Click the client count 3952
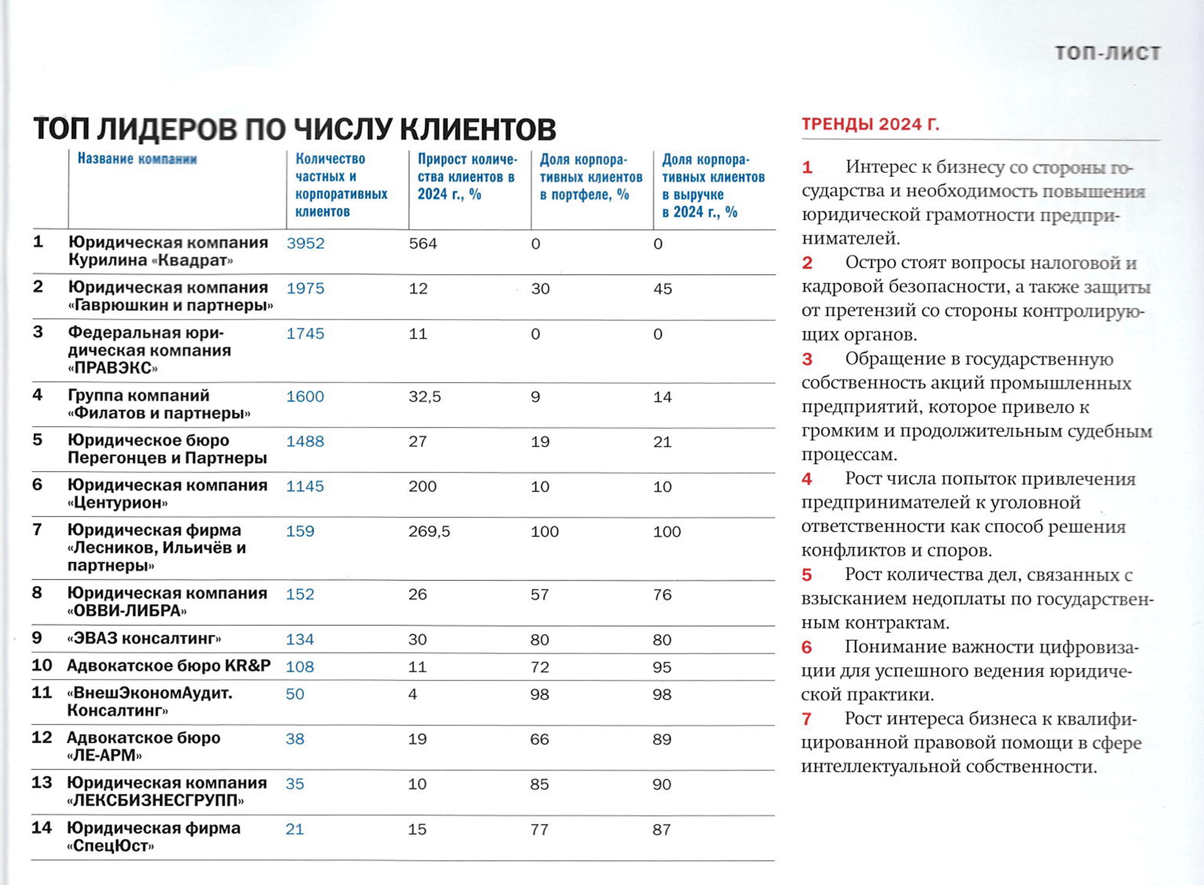click(305, 244)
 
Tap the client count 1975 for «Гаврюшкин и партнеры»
click(305, 289)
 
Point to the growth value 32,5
click(425, 397)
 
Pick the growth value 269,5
click(429, 531)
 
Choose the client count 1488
click(305, 442)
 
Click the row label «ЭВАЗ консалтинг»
click(144, 638)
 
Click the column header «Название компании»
click(137, 159)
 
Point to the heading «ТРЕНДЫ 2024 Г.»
click(871, 124)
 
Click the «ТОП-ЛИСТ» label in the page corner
click(1107, 54)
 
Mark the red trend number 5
click(807, 575)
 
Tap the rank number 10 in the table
click(42, 665)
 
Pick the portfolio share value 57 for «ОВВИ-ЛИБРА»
click(539, 595)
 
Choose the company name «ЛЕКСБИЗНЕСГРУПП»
click(155, 801)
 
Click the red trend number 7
click(807, 719)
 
